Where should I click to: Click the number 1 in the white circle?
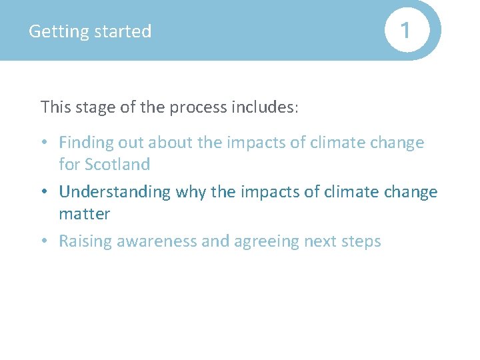click(x=404, y=30)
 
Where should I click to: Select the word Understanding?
click(x=115, y=192)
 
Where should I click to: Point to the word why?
click(x=191, y=192)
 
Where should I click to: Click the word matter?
click(x=84, y=213)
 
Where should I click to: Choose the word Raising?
click(x=85, y=241)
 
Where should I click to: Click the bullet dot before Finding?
click(x=44, y=143)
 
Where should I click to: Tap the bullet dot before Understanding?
click(x=44, y=193)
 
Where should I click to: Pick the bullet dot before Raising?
click(x=44, y=242)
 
